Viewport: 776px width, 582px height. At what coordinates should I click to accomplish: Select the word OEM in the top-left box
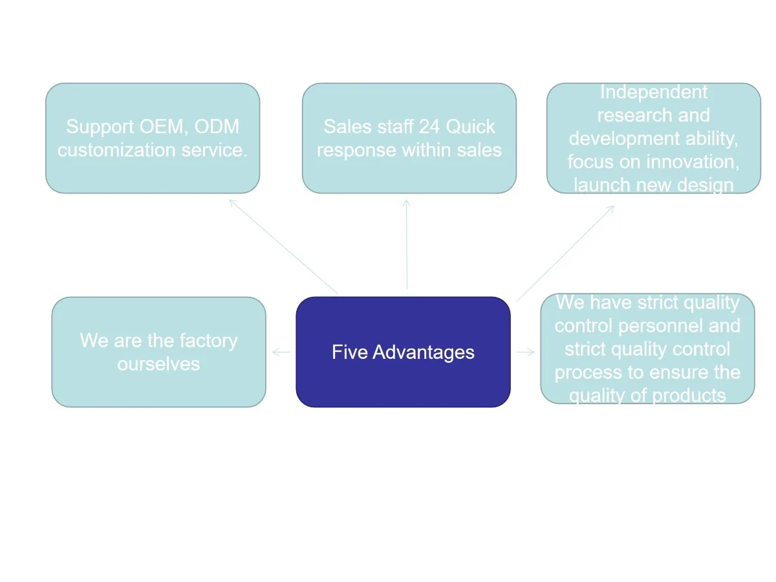coord(164,127)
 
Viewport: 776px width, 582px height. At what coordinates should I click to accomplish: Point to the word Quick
coord(471,127)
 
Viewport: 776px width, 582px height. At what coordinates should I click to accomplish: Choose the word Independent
coord(653,92)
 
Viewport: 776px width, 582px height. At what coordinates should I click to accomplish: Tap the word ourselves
coord(158,364)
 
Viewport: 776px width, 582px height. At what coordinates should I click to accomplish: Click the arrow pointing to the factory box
coord(281,352)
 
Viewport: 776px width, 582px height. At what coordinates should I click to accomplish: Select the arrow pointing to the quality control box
coord(526,352)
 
